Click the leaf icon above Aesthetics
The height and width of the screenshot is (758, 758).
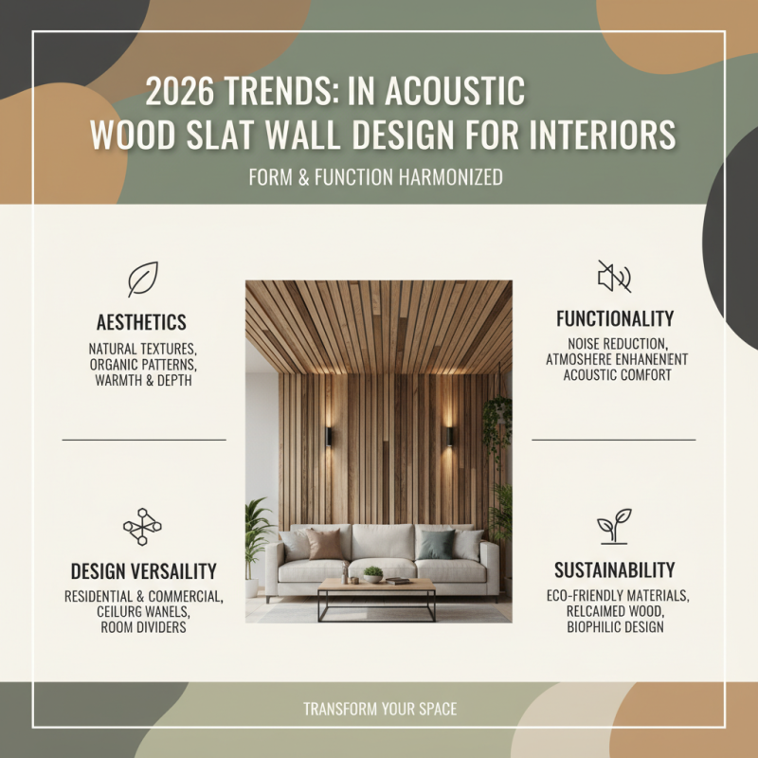pyautogui.click(x=142, y=280)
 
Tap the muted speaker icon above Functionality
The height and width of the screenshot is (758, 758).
pyautogui.click(x=614, y=277)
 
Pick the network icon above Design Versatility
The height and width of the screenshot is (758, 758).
pyautogui.click(x=142, y=527)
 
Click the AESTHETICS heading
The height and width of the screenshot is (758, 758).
pyautogui.click(x=141, y=322)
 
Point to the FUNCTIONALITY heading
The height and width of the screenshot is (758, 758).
pyautogui.click(x=615, y=318)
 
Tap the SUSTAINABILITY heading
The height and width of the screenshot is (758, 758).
pyautogui.click(x=614, y=570)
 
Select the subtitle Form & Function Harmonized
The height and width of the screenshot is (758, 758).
pyautogui.click(x=375, y=176)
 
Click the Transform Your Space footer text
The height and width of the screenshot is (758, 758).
pyautogui.click(x=379, y=709)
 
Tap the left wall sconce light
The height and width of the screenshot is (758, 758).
pyautogui.click(x=329, y=435)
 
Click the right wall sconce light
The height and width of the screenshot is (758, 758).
pyautogui.click(x=449, y=436)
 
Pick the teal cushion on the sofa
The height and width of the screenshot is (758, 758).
pyautogui.click(x=439, y=543)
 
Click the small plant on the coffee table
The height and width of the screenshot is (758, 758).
pyautogui.click(x=372, y=573)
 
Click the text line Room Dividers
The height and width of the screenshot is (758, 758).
pyautogui.click(x=142, y=627)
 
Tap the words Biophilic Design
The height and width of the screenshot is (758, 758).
pyautogui.click(x=614, y=626)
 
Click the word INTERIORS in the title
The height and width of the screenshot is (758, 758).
pyautogui.click(x=606, y=135)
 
